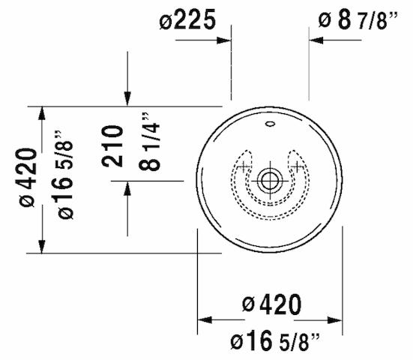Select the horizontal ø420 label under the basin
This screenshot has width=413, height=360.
click(x=271, y=304)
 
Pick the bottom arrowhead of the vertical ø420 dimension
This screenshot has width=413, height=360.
click(x=43, y=245)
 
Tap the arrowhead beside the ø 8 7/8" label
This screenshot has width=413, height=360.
click(x=317, y=39)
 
